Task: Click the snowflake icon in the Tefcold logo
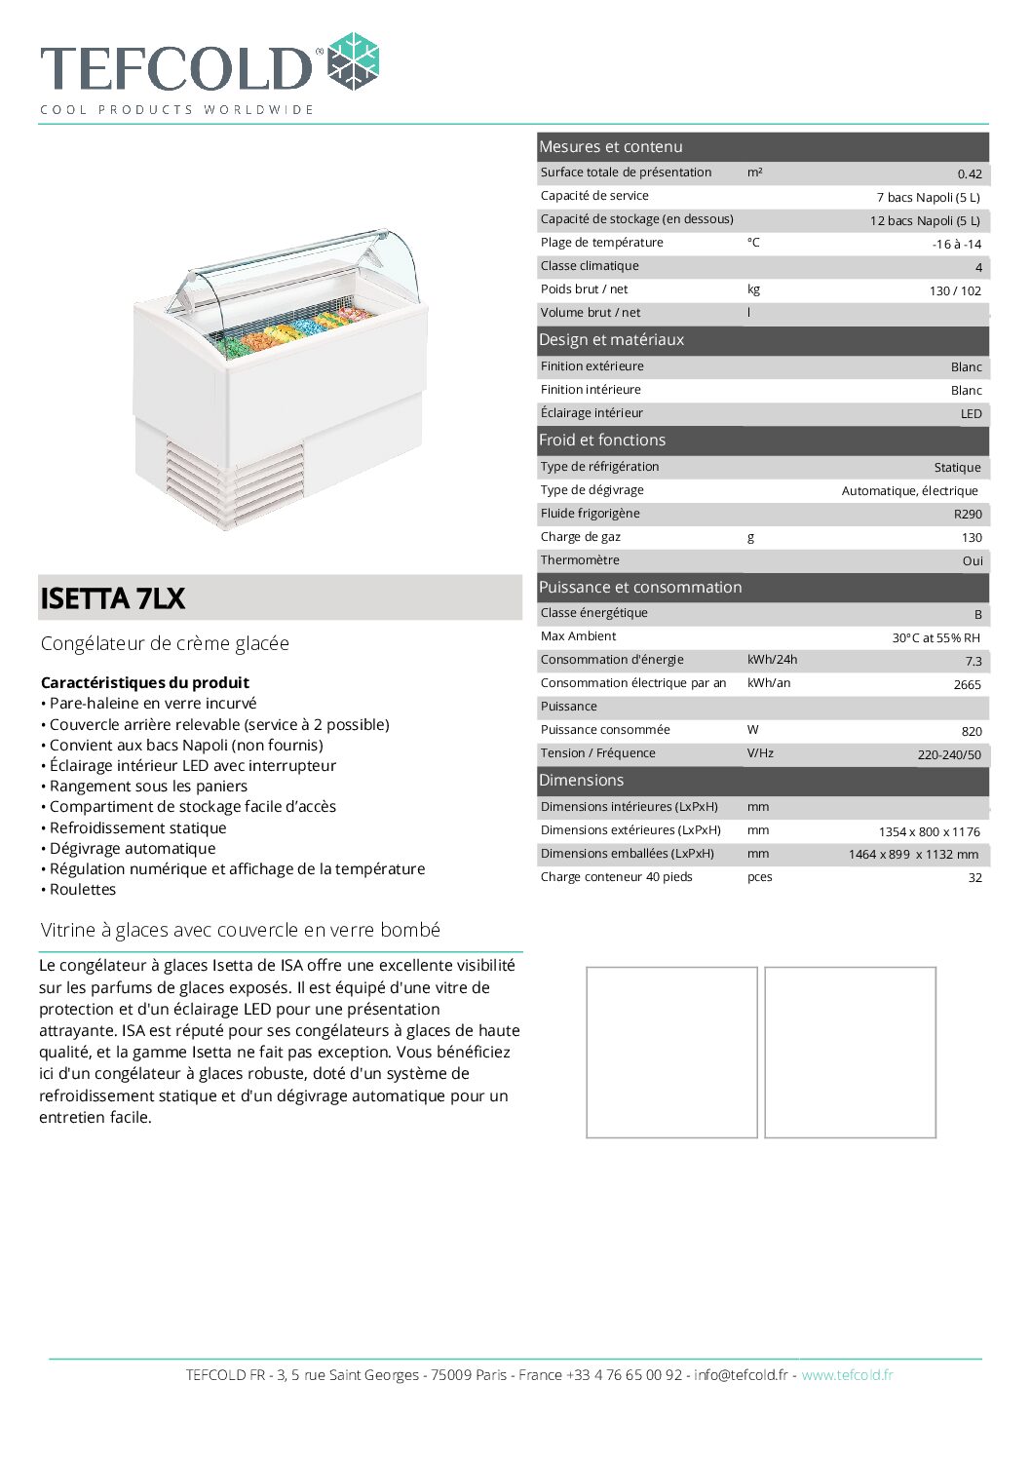pos(353,61)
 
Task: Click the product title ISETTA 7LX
pos(113,598)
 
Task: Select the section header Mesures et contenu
pos(611,147)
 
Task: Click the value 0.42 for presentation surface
pos(969,174)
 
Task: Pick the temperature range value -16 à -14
pos(956,245)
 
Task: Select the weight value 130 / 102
pos(955,291)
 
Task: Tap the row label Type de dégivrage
pos(592,490)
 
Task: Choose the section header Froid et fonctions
pos(602,441)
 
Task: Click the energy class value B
pos(977,615)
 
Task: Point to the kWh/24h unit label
pos(772,660)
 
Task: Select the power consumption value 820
pos(971,732)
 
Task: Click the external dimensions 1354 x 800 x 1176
pos(929,832)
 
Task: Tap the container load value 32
pos(974,878)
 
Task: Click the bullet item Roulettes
pos(83,890)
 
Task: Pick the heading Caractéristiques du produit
pos(145,683)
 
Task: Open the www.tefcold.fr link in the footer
pos(847,1375)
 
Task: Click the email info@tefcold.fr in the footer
pos(741,1375)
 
